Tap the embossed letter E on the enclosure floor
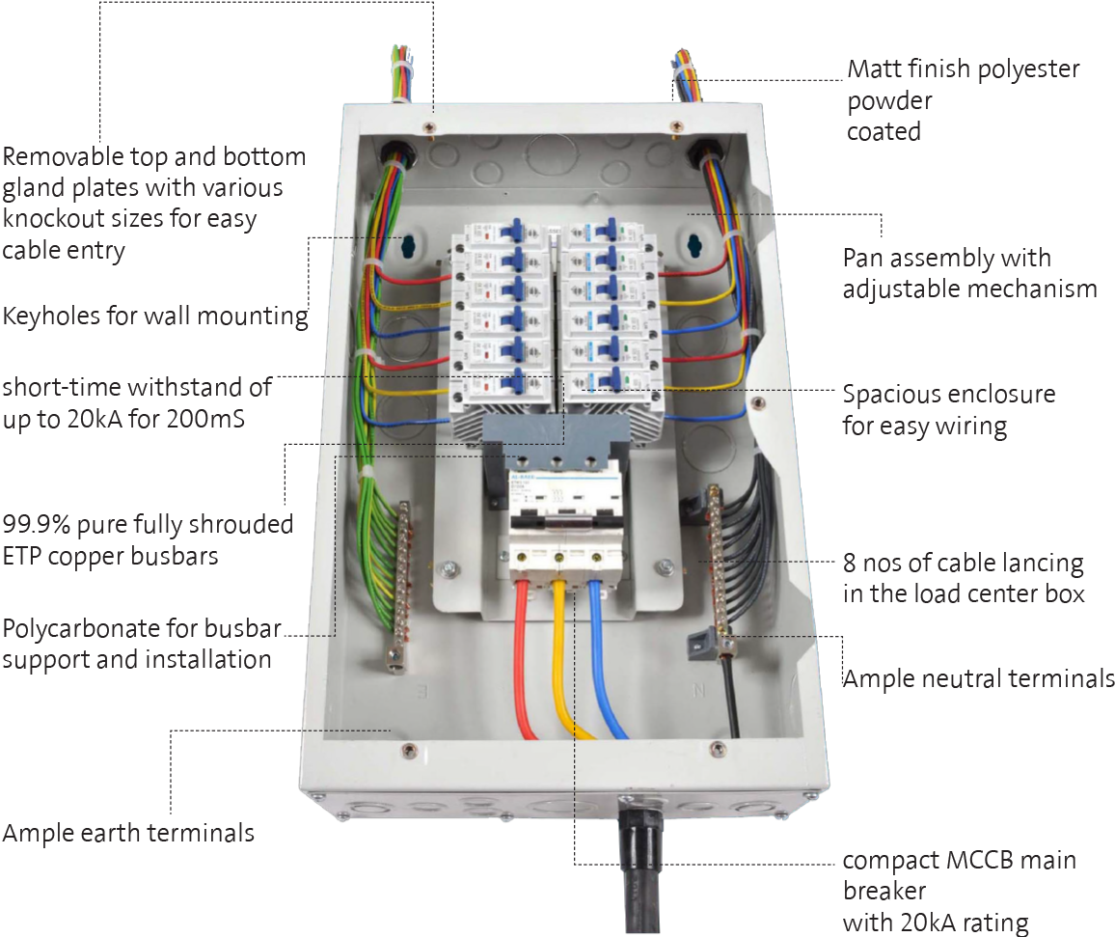(x=421, y=691)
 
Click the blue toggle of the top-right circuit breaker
(x=607, y=230)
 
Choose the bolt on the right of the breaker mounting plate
(x=664, y=565)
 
